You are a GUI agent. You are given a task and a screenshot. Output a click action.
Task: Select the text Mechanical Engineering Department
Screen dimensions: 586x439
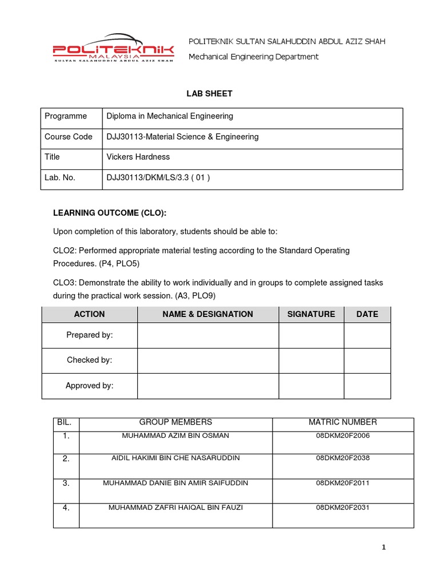point(254,57)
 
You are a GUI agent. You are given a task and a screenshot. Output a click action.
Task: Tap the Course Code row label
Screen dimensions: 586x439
point(68,137)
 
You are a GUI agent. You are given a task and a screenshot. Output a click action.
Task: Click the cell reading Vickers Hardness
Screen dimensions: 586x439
point(138,157)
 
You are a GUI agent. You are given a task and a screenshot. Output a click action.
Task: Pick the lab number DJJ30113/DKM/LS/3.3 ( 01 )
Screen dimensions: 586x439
point(158,177)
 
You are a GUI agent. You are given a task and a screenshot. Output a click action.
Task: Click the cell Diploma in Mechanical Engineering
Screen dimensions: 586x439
point(170,116)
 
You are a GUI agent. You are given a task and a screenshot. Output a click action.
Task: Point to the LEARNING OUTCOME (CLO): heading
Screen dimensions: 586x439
point(110,213)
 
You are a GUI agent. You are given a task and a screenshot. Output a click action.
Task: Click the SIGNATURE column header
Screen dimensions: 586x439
point(311,314)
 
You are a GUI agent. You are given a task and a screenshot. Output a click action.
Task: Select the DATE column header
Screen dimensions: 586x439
point(367,314)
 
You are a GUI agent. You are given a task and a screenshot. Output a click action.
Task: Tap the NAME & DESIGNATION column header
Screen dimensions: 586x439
point(207,314)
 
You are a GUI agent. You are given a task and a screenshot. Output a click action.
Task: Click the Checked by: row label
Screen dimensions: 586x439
point(89,360)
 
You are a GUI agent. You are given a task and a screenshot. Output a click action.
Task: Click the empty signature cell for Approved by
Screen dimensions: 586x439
point(311,386)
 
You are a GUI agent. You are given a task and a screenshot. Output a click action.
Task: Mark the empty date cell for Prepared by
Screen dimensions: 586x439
point(367,335)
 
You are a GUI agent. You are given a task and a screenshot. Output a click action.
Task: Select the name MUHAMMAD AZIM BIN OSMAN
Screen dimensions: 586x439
point(175,436)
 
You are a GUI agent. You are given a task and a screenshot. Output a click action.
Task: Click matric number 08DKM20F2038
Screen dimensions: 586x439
point(343,458)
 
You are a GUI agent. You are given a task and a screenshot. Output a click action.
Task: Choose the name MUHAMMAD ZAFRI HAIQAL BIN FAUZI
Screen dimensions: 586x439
point(175,508)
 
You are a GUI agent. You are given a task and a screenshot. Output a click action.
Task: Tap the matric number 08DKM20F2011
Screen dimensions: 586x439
point(343,483)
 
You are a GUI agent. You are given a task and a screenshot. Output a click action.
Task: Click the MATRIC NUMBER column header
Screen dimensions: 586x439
point(343,422)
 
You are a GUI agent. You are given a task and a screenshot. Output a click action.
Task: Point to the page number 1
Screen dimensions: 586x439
point(384,548)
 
